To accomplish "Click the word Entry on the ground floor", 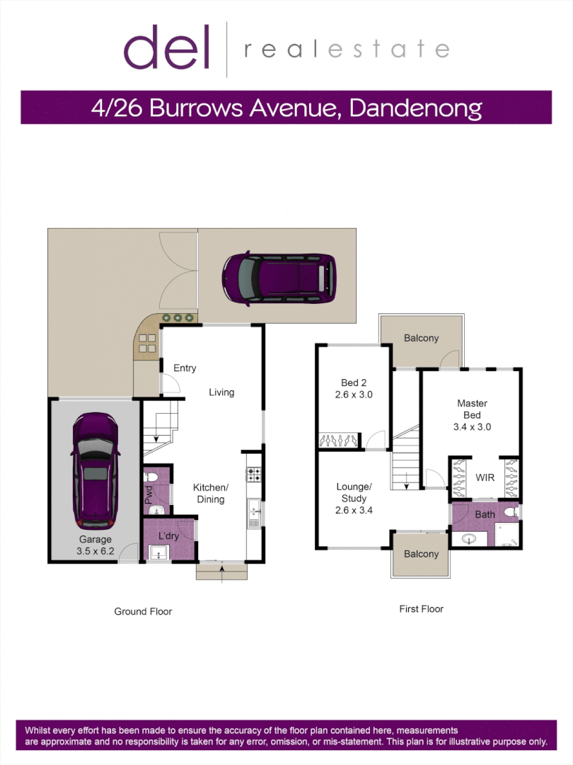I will point(185,368).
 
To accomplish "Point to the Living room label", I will point(221,392).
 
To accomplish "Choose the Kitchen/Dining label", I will point(211,493).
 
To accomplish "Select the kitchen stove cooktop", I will point(254,475).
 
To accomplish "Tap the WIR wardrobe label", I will point(485,478).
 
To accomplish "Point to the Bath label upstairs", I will point(485,514).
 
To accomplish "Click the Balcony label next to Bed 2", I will point(421,339).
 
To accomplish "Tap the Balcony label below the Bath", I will point(421,554).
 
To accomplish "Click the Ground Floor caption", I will point(143,611).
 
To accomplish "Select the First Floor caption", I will point(421,608).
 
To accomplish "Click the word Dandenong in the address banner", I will point(416,108).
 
